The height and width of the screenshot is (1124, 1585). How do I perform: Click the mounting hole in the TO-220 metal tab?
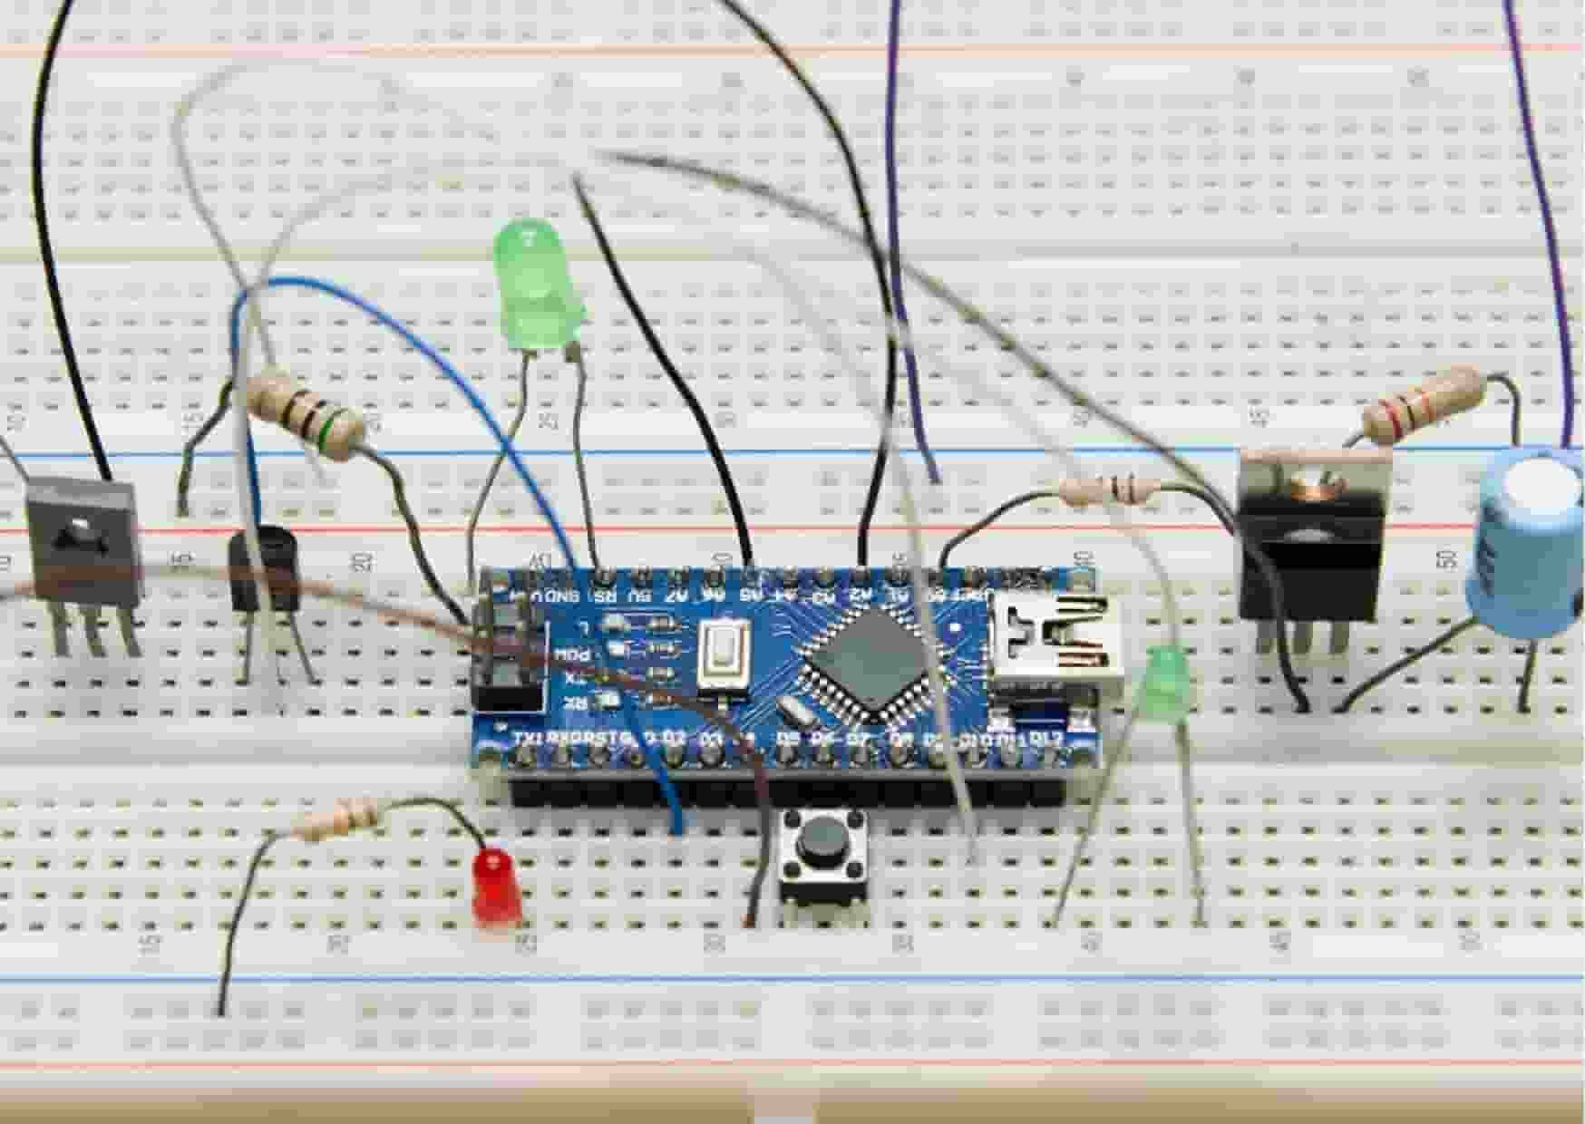pos(1312,482)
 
